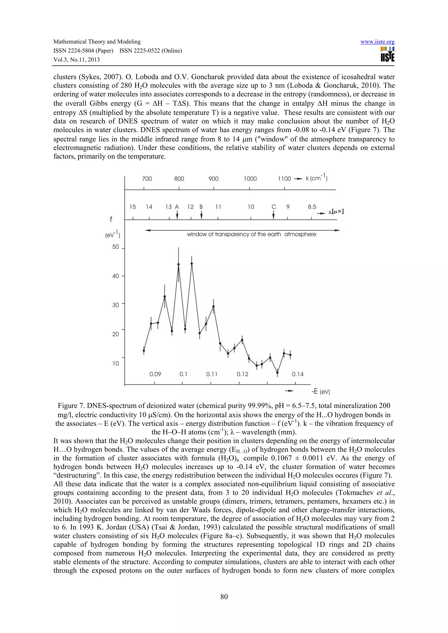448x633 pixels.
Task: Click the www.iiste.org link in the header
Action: (x=377, y=42)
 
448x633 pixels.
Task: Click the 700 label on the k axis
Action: (x=147, y=179)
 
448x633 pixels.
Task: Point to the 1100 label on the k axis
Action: (x=284, y=179)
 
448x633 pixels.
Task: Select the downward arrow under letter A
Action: (x=177, y=215)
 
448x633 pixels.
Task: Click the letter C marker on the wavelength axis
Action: (x=274, y=207)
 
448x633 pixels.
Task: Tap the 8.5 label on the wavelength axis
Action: (x=312, y=207)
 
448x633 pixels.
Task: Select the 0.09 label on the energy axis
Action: (x=155, y=374)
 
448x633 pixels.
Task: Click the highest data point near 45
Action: (x=192, y=264)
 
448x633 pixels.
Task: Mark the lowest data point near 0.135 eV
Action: (x=277, y=373)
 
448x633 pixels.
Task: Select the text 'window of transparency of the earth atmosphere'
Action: (x=252, y=235)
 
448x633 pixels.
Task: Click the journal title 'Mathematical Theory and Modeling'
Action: (x=97, y=42)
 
